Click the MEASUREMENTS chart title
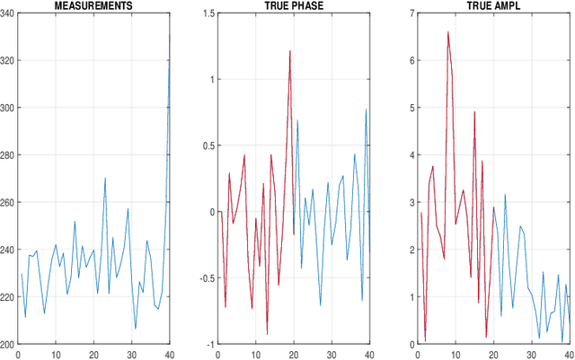tap(94, 5)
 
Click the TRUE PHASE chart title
tap(290, 5)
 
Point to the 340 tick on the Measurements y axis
tap(7, 13)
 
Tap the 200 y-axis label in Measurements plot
tap(7, 344)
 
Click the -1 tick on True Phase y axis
tap(208, 344)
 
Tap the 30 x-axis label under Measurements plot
tap(132, 354)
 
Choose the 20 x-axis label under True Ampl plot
tap(493, 354)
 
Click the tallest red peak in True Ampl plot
tap(447, 31)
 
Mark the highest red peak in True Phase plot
tap(290, 51)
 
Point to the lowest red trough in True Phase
tap(267, 335)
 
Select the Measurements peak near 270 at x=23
tap(105, 178)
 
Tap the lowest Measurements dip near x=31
tap(136, 329)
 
